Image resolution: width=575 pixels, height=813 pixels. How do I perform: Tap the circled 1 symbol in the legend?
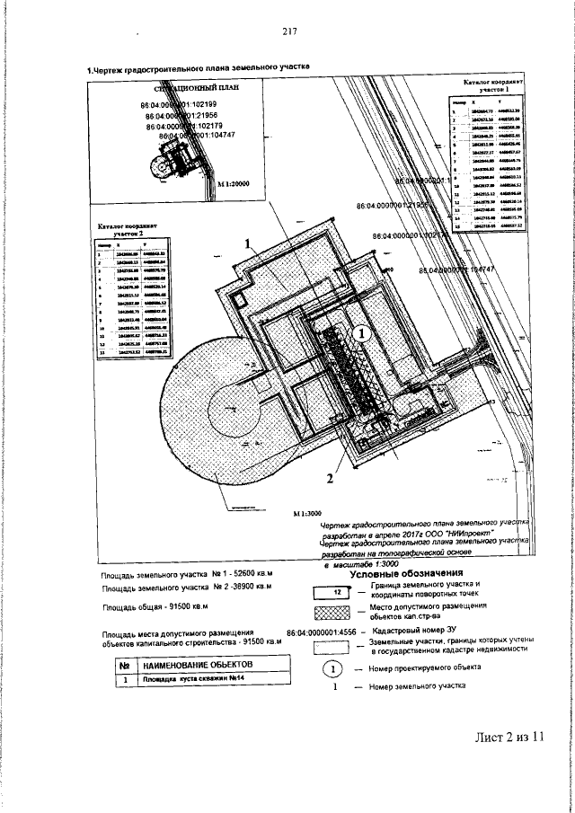(332, 668)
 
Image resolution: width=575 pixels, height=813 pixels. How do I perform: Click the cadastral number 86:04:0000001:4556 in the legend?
(329, 633)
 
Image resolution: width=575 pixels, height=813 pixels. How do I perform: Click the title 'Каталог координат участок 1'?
(492, 86)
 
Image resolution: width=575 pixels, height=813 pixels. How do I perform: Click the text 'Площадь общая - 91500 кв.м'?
(155, 607)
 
